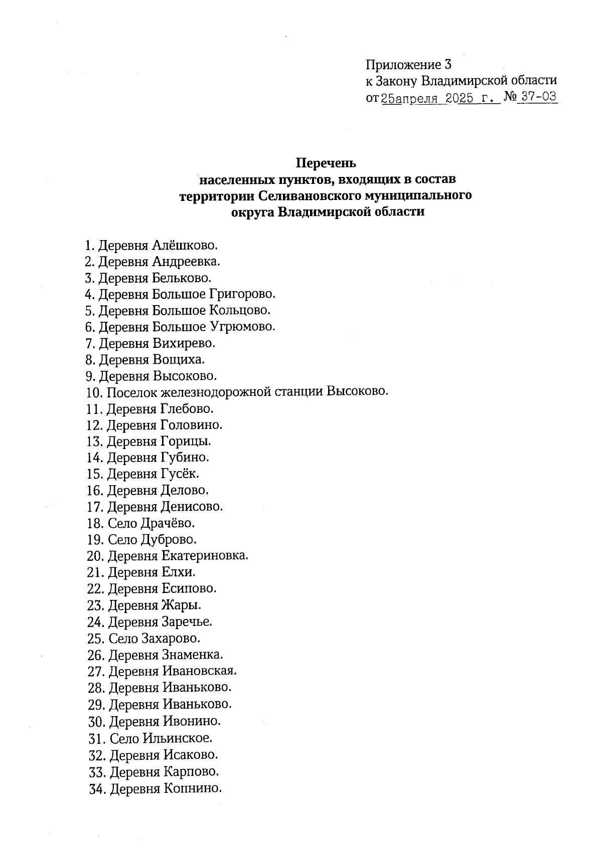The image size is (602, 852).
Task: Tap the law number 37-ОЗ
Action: pyautogui.click(x=538, y=97)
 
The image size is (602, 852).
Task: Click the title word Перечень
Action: pyautogui.click(x=326, y=163)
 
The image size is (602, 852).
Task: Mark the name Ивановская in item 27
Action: pyautogui.click(x=199, y=671)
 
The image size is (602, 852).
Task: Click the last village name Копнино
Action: pyautogui.click(x=192, y=788)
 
